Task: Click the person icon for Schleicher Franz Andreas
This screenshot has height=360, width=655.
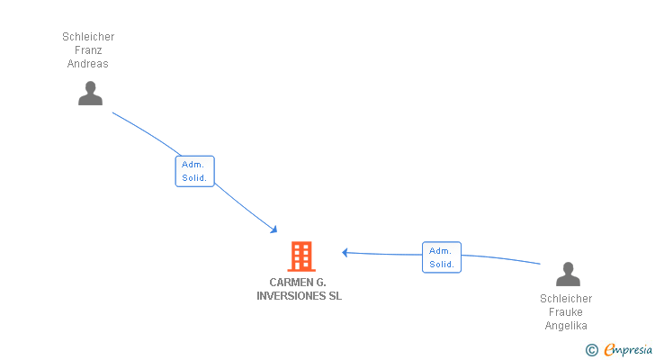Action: [x=90, y=93]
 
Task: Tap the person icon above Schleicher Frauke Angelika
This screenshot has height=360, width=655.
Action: [x=568, y=274]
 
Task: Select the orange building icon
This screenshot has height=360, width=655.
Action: [x=301, y=256]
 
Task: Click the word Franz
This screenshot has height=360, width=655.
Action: [x=88, y=50]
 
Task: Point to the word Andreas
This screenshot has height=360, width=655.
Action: [x=88, y=64]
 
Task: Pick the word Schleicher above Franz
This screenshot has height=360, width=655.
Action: [x=88, y=37]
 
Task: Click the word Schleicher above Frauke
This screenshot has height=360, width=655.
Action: [x=566, y=299]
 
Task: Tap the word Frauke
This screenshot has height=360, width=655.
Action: [x=566, y=312]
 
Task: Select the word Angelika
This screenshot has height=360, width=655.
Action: [x=566, y=326]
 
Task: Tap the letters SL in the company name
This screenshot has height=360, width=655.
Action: [x=335, y=296]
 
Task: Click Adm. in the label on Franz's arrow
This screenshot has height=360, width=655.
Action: [x=193, y=165]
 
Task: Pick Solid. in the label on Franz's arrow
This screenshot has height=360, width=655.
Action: [x=194, y=178]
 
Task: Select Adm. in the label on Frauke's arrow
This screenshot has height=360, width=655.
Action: [x=440, y=250]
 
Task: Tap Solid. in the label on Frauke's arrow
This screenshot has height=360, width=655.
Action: [x=442, y=264]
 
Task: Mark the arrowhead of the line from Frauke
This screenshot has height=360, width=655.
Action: [x=345, y=253]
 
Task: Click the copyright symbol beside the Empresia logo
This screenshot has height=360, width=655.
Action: [x=591, y=350]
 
